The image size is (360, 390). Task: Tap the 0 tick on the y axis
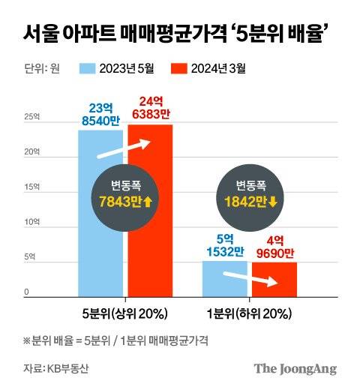(26, 292)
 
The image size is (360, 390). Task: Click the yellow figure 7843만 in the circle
(124, 202)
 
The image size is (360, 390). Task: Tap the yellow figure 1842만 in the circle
(247, 202)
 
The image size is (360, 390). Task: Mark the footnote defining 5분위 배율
(115, 340)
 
